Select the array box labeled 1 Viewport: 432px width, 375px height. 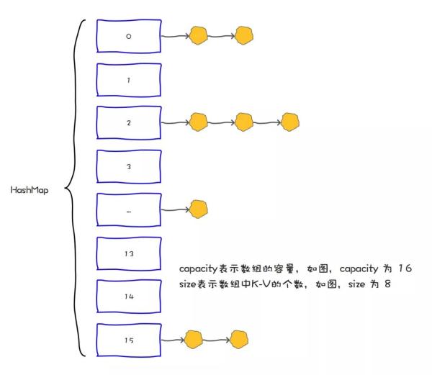pos(128,80)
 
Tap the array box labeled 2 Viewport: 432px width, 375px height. pos(128,123)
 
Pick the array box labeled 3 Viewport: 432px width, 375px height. pos(128,166)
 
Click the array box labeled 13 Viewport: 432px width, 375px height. pos(128,253)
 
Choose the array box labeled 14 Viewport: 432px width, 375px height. pos(128,295)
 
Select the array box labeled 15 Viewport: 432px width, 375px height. pos(128,339)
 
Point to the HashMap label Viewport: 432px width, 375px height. pos(30,191)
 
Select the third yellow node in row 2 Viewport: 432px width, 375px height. pos(289,122)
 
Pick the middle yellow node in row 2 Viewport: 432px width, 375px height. pos(245,122)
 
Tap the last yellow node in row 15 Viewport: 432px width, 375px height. pos(238,339)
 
